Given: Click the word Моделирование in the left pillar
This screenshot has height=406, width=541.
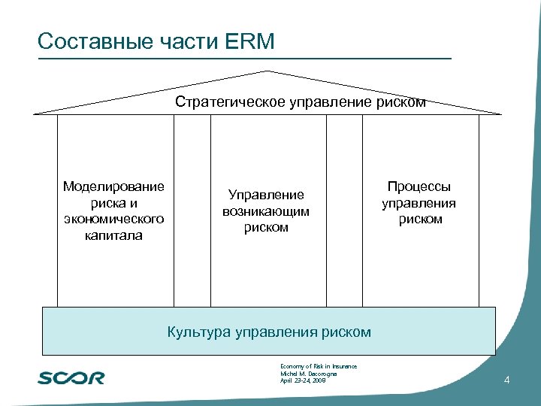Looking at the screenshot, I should click(x=114, y=186).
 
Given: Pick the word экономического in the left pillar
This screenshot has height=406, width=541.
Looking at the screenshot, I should click(x=114, y=219).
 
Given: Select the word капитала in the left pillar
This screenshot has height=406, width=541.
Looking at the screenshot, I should click(x=114, y=235).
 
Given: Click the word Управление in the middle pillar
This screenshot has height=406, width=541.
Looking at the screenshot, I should click(x=266, y=195).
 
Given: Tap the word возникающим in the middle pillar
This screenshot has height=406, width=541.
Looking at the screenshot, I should click(x=266, y=211).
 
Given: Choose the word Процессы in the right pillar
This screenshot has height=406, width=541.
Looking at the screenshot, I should click(x=419, y=186).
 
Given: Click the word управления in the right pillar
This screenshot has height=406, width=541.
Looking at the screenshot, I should click(x=419, y=203).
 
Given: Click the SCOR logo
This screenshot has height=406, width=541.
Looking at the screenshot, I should click(x=71, y=377).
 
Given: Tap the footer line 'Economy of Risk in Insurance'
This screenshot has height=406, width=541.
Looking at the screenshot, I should click(x=318, y=366).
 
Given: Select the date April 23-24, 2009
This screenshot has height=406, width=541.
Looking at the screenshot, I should click(x=303, y=381).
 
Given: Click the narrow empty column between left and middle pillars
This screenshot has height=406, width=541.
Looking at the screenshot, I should click(x=192, y=211).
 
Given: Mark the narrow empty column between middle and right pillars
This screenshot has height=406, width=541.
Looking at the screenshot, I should click(x=345, y=211).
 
